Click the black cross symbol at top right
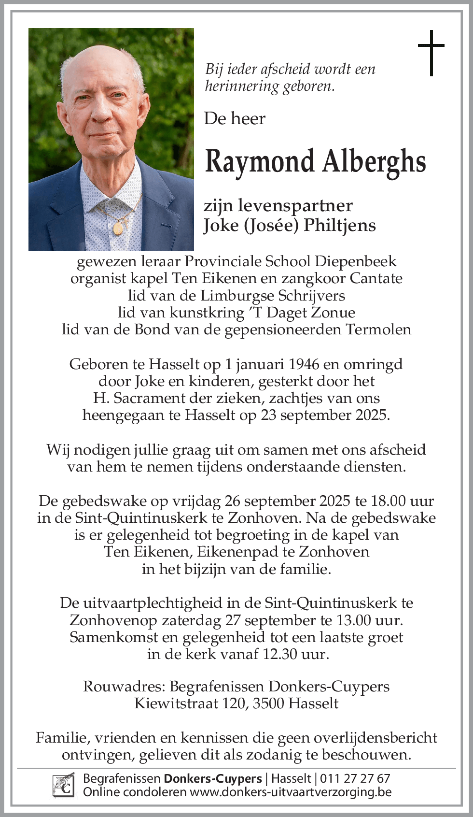click(x=431, y=53)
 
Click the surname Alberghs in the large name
click(x=374, y=161)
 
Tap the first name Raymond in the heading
click(x=259, y=162)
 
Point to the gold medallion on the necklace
click(x=118, y=227)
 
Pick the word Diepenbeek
click(x=356, y=261)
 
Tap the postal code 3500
click(x=268, y=703)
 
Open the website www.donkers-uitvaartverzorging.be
click(x=290, y=792)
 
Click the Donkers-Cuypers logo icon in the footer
click(x=63, y=785)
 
